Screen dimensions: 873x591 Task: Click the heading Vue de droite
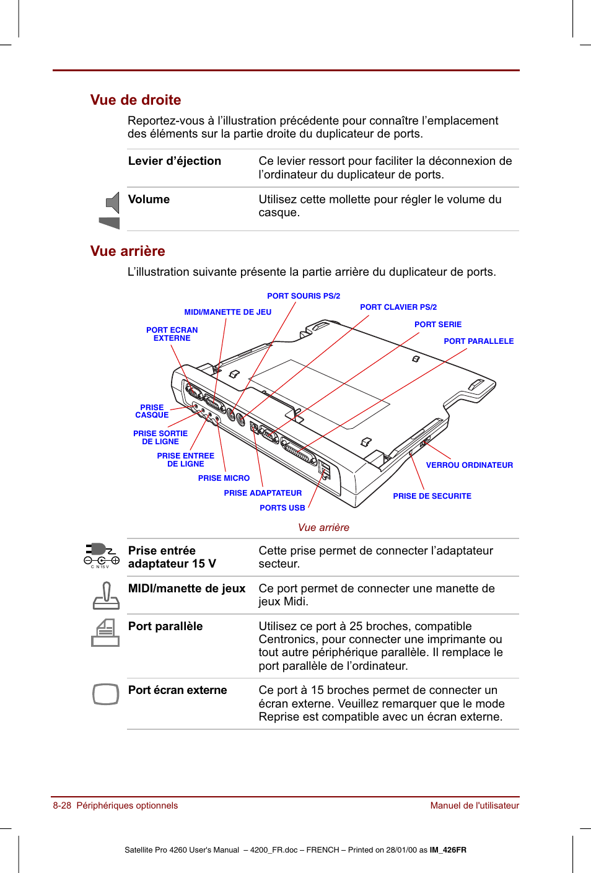136,100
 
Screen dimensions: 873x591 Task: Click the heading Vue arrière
128,251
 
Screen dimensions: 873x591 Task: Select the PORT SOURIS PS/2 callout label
304,296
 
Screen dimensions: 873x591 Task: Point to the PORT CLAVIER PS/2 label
398,307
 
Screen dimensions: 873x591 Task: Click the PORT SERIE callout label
438,325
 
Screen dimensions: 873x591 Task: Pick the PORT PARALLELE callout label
478,341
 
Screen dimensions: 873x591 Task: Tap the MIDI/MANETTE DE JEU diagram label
227,312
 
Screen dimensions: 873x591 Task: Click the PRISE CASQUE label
152,411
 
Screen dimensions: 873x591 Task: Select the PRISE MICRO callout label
224,478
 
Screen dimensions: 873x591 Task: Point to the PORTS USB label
282,508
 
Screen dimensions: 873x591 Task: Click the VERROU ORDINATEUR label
469,465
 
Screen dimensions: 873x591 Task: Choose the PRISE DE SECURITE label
432,496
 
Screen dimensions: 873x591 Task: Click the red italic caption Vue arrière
323,527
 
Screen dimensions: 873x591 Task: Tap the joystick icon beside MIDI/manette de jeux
106,595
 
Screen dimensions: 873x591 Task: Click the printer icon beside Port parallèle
105,633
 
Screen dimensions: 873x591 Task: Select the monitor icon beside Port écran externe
105,694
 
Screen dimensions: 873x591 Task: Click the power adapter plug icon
101,554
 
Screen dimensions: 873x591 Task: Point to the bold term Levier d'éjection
174,161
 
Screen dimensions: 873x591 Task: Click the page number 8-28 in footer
62,805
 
